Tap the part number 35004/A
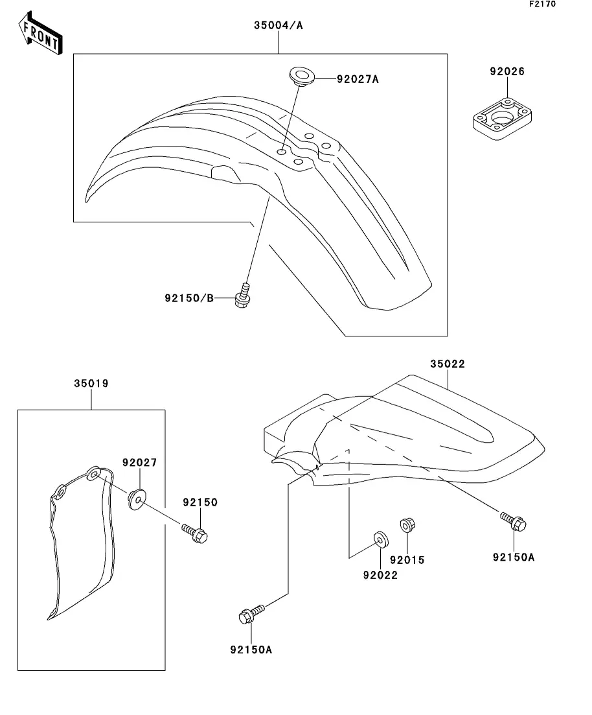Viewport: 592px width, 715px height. [278, 26]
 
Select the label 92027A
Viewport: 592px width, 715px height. [358, 80]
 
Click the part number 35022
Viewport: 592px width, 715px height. [448, 364]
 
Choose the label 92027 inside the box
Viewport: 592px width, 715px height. [139, 463]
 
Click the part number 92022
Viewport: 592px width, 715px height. [380, 574]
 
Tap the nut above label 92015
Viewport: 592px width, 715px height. [407, 524]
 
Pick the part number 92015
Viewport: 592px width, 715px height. [407, 559]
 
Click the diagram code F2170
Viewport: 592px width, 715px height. [542, 5]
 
